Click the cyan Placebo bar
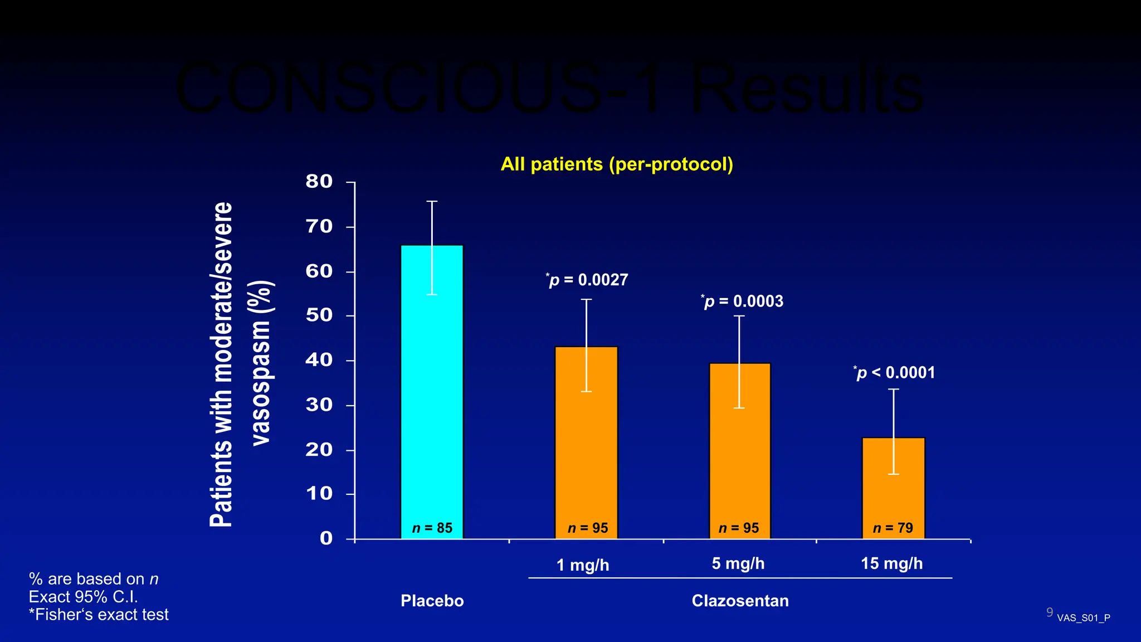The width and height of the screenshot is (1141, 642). coord(432,390)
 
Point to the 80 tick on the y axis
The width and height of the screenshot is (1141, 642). coord(319,182)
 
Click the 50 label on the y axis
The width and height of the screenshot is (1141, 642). coord(319,315)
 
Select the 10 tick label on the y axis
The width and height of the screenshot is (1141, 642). coord(319,494)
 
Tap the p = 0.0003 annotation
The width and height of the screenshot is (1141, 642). coord(742,301)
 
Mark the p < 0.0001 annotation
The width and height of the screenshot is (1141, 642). coord(894,373)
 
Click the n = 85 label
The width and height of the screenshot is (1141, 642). coord(432,528)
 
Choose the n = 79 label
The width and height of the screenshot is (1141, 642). coord(893,528)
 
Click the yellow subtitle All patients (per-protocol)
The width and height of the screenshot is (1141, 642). coord(617,164)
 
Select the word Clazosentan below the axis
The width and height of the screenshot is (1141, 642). coord(740,601)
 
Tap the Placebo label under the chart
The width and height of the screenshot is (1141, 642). coord(432,601)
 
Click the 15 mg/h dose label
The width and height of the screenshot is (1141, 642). coord(891,563)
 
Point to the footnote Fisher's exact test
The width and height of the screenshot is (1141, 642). coord(99,615)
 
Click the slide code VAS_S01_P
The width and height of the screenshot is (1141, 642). coord(1083,618)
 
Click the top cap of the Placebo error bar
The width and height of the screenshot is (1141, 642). coord(432,201)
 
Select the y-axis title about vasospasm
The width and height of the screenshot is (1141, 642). coord(240,365)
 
